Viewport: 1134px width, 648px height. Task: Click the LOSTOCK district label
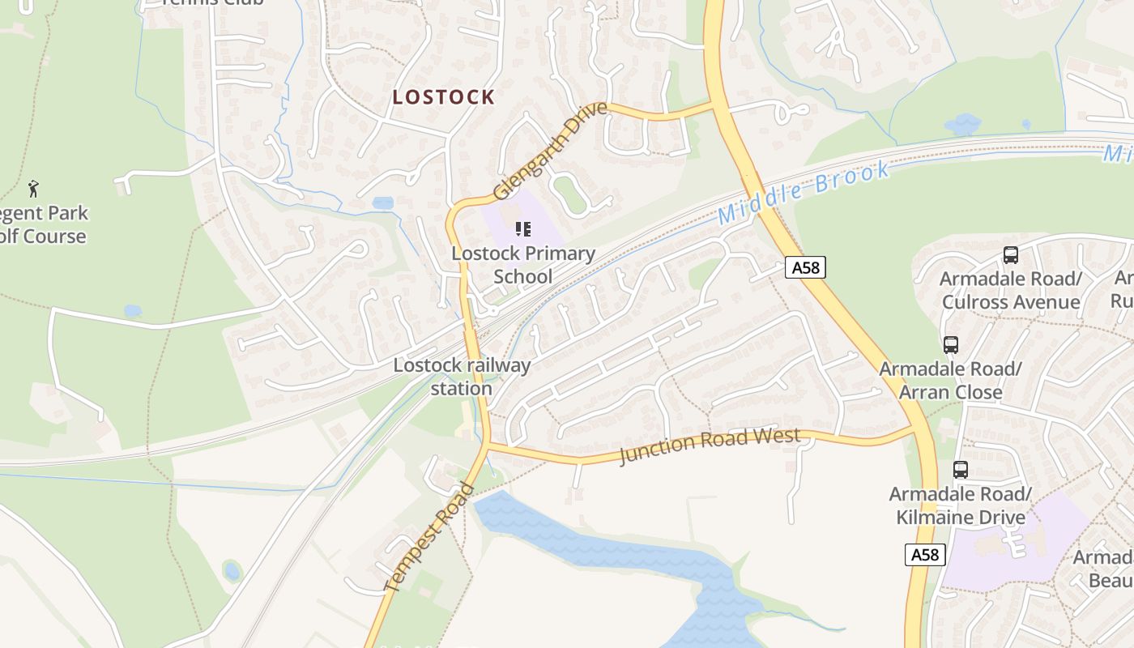pos(443,97)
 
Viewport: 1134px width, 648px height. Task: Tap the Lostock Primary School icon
pos(523,229)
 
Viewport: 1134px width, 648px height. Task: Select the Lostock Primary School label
pos(523,265)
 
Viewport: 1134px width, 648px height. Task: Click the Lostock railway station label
pos(462,377)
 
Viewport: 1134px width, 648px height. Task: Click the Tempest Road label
pos(429,537)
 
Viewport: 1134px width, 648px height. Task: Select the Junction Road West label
pos(710,446)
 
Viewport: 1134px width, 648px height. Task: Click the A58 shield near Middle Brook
pos(805,267)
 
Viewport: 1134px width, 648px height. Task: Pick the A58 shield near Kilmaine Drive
pos(924,555)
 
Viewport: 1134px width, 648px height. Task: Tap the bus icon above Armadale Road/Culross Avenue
pos(1011,255)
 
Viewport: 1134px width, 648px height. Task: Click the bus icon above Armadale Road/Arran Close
pos(951,345)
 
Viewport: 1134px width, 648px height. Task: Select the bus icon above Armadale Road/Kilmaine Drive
pos(961,469)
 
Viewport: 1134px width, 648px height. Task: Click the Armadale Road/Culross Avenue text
pos(1011,291)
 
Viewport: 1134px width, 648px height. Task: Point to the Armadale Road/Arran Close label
pos(951,381)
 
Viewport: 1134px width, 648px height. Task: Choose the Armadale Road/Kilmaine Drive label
pos(961,505)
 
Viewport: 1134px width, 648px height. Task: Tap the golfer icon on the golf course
pos(33,190)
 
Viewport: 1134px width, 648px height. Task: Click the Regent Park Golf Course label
pos(45,225)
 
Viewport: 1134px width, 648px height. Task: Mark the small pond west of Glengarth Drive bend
pos(383,202)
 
